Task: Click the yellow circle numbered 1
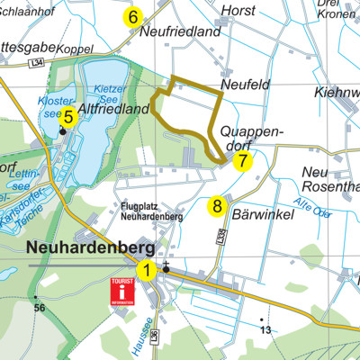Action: point(145,268)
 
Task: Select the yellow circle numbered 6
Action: point(133,16)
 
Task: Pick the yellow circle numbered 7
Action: point(242,161)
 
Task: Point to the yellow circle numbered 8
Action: point(217,206)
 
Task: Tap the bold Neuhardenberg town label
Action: point(91,247)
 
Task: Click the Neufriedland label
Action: point(181,31)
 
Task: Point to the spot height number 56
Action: point(39,308)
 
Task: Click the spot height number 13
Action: point(265,330)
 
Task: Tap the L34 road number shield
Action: point(36,60)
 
